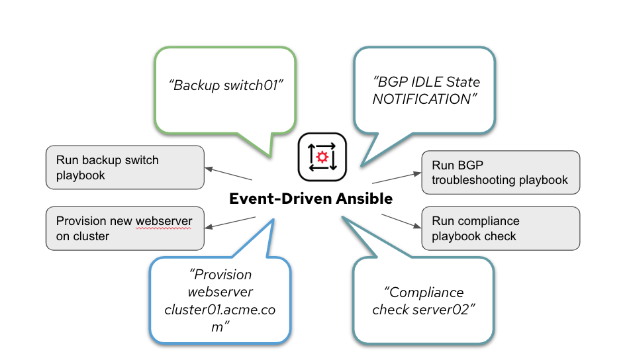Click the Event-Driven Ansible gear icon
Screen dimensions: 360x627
coord(322,157)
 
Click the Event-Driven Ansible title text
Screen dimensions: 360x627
coord(311,199)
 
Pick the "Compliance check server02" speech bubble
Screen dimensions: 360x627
coord(424,300)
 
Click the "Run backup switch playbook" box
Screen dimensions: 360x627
coord(124,167)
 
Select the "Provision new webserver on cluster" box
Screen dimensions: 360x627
coord(124,228)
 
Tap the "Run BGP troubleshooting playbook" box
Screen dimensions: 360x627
coord(501,172)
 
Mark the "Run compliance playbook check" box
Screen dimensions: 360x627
coord(501,228)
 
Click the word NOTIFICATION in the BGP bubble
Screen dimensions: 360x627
coord(421,99)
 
